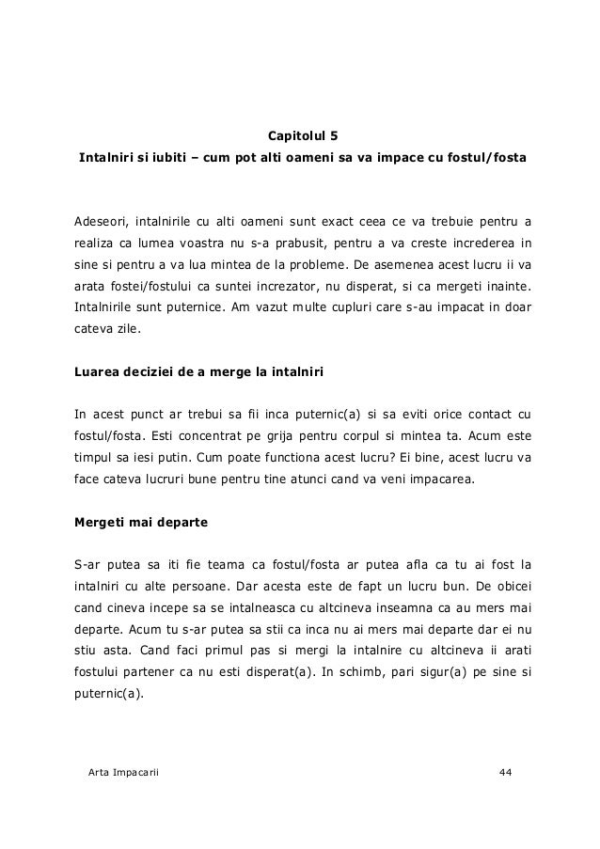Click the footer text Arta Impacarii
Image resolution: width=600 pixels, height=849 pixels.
click(122, 772)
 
